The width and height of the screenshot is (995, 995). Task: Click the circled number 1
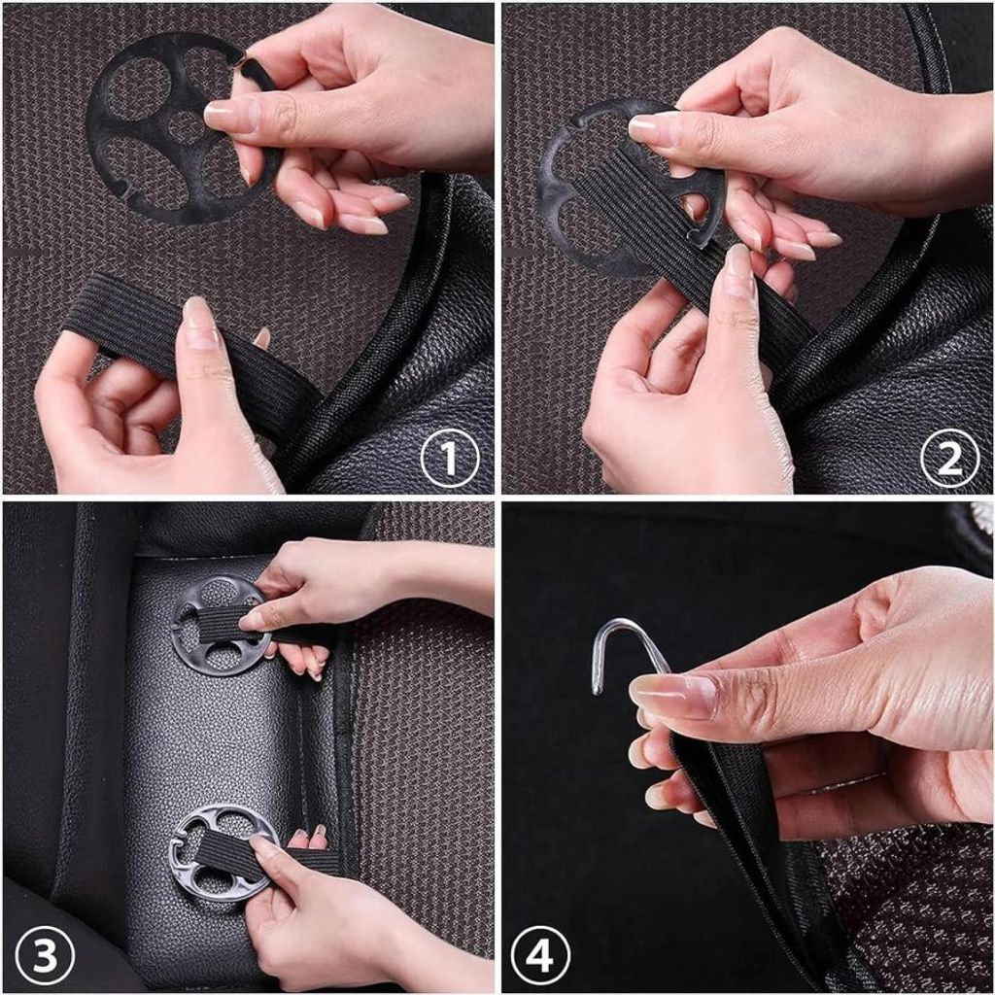450,458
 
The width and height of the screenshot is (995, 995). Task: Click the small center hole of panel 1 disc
184,127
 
